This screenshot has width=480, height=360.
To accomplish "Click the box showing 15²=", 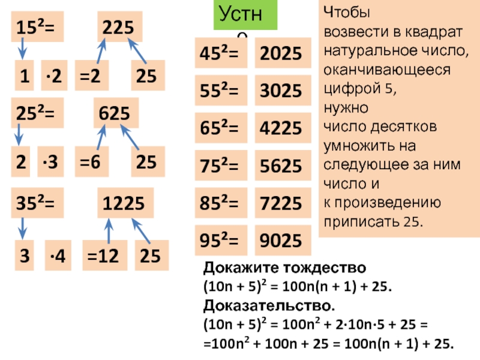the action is point(37,28).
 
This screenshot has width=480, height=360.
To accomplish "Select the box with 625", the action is point(116,112).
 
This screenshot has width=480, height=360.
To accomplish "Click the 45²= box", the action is point(218,54).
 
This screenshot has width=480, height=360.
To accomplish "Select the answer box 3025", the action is point(280,91).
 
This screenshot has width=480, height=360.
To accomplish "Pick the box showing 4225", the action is point(280,128).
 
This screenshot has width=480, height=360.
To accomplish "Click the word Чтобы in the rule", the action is point(347,12).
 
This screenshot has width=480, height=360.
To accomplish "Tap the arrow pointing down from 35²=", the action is point(23,227).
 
